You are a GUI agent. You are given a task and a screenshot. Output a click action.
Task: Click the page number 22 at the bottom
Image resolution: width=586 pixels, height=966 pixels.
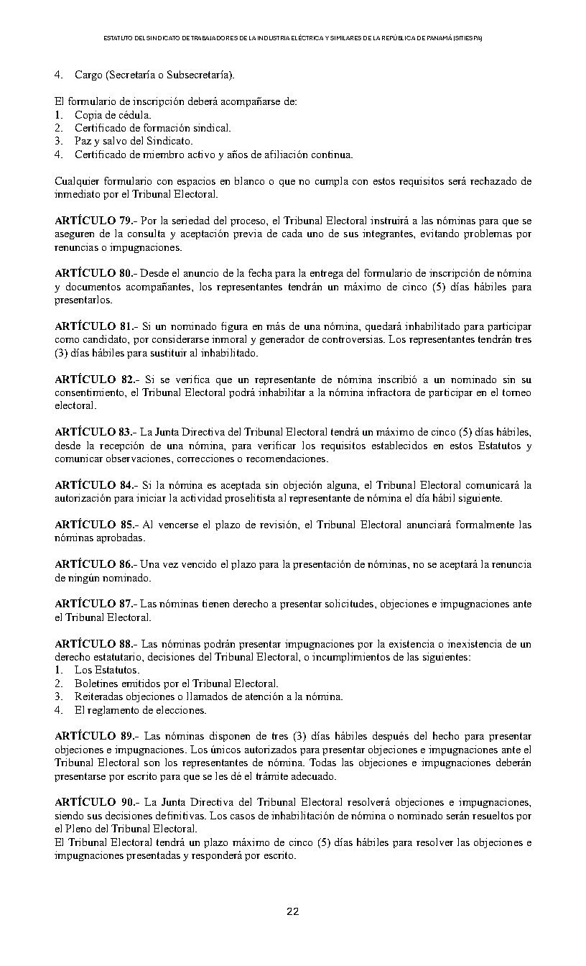(x=292, y=911)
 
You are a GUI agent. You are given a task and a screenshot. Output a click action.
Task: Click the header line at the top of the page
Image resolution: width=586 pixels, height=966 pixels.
(x=292, y=37)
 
